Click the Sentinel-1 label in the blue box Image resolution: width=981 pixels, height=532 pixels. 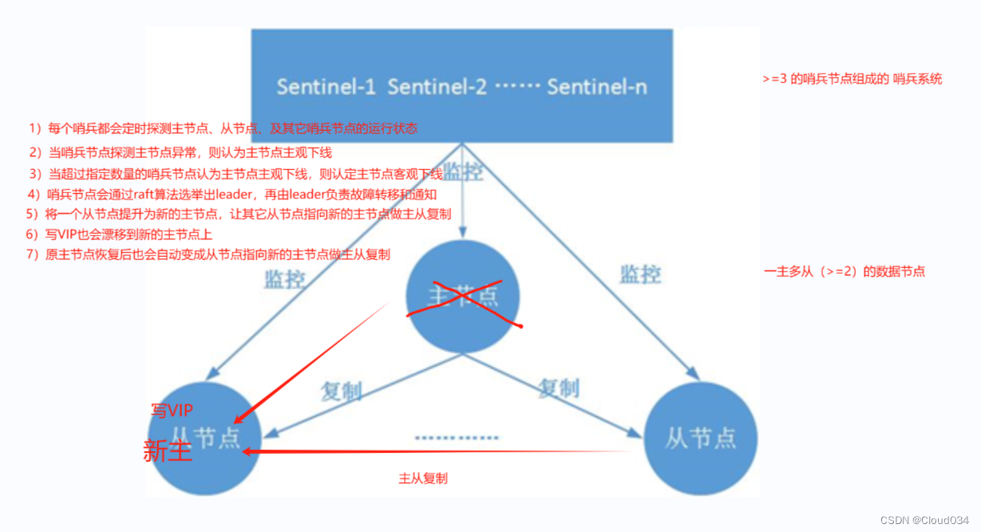tap(326, 87)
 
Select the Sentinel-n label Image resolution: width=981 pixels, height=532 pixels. tap(597, 87)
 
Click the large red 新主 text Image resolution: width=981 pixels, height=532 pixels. tap(168, 451)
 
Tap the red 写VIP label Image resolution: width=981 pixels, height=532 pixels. tap(173, 410)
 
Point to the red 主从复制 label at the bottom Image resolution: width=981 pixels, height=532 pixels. tap(423, 479)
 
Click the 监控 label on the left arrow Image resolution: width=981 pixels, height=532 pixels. tap(284, 279)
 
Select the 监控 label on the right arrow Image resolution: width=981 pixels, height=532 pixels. tap(640, 274)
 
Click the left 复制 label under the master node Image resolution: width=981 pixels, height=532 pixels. tap(341, 391)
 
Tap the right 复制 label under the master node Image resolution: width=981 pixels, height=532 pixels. tap(558, 388)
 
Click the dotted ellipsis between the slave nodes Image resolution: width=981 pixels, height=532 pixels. tap(457, 438)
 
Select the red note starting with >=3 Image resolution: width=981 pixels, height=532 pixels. tap(852, 79)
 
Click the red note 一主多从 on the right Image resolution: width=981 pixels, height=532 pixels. tap(845, 271)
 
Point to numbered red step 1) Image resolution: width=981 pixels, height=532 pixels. tap(223, 128)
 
